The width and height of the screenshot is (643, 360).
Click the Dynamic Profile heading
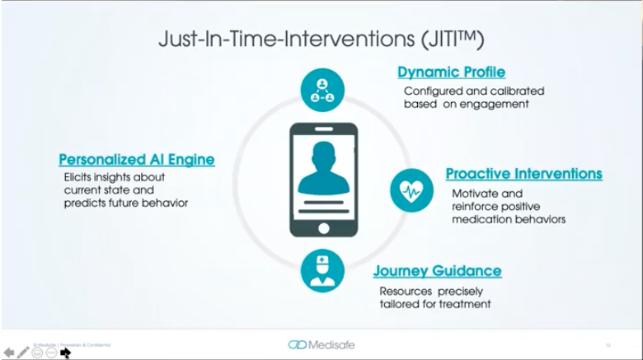click(451, 72)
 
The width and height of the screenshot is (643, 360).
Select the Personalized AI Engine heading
click(136, 159)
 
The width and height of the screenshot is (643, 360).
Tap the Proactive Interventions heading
click(523, 174)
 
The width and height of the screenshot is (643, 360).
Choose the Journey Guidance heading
click(437, 271)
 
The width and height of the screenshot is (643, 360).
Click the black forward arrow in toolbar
click(65, 353)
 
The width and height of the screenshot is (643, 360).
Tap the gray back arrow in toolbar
click(9, 353)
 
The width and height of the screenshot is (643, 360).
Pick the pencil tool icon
click(23, 353)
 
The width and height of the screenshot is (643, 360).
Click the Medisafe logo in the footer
click(321, 344)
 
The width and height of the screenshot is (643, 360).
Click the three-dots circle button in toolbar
click(51, 353)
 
